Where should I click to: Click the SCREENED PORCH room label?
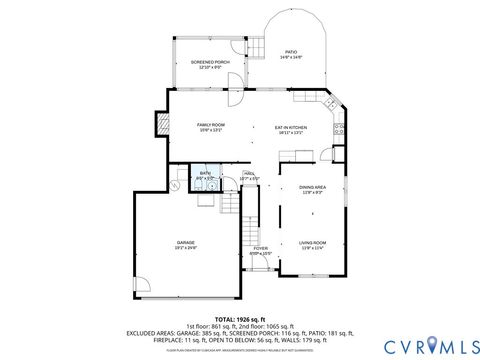pyautogui.click(x=211, y=64)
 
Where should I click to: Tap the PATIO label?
pyautogui.click(x=292, y=52)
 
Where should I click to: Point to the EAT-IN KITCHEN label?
pyautogui.click(x=291, y=129)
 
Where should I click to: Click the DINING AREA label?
pyautogui.click(x=312, y=188)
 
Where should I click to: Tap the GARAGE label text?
pyautogui.click(x=186, y=244)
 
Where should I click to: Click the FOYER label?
pyautogui.click(x=260, y=250)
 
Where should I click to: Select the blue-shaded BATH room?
pyautogui.click(x=205, y=178)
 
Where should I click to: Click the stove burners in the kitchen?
pyautogui.click(x=340, y=127)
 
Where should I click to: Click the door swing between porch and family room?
pyautogui.click(x=234, y=98)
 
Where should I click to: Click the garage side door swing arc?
pyautogui.click(x=142, y=283)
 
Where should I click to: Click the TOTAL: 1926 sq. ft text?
pyautogui.click(x=240, y=318)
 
